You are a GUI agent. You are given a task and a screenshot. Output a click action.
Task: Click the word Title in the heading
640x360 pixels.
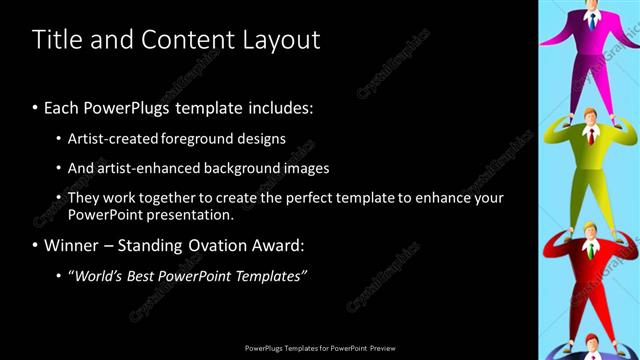[x=55, y=40]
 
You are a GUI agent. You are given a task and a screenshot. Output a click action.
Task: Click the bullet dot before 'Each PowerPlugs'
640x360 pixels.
[x=36, y=107]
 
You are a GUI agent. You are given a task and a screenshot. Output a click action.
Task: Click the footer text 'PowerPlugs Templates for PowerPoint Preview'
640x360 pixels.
[x=320, y=349]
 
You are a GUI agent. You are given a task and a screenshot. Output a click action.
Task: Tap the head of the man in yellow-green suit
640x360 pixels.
[x=590, y=116]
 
